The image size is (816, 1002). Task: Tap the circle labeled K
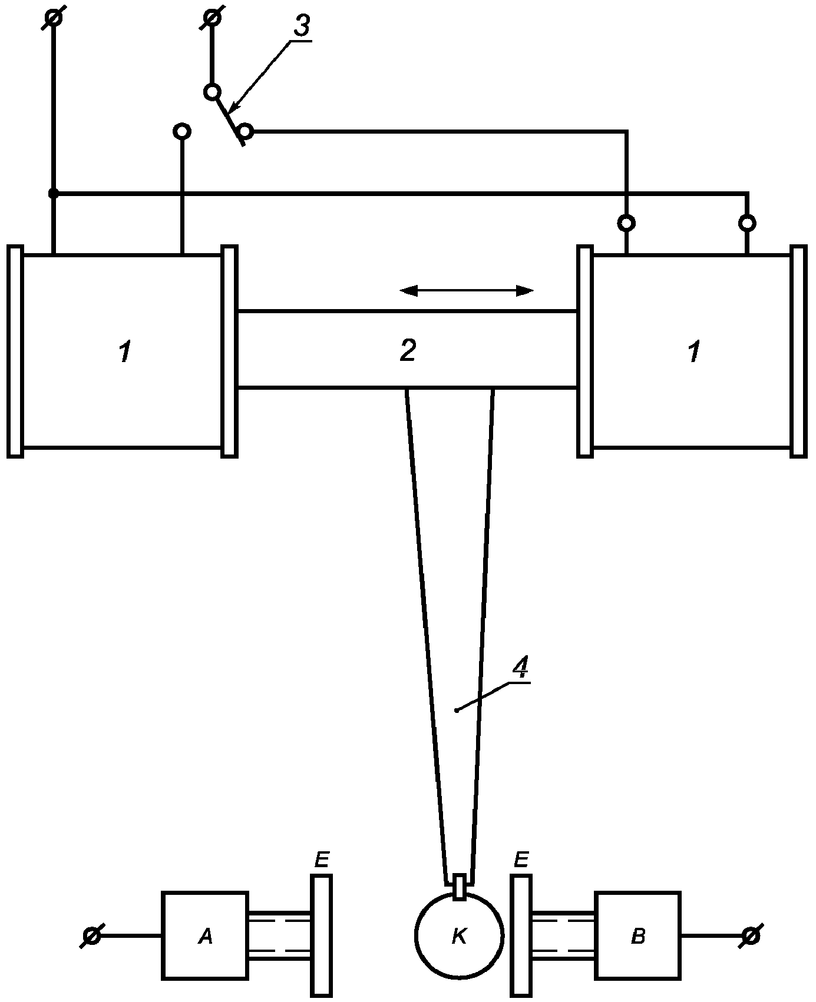pos(459,935)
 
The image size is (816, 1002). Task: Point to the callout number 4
pos(520,668)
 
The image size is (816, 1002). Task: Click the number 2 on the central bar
pos(408,350)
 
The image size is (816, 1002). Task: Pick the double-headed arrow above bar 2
pos(466,290)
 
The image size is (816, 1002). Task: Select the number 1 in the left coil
pos(124,352)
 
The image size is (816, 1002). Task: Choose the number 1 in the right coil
pos(694,352)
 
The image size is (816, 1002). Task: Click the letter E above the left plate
pos(321,861)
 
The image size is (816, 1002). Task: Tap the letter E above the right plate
pos(521,861)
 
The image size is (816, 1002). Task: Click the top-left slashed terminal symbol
pos(54,18)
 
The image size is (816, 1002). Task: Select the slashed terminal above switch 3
pos(213,18)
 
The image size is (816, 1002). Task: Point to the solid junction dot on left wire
pos(53,193)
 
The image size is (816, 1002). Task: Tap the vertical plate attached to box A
pos(321,935)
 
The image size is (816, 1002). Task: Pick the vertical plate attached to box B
pos(521,935)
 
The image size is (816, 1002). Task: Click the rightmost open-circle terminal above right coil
pos(747,223)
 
